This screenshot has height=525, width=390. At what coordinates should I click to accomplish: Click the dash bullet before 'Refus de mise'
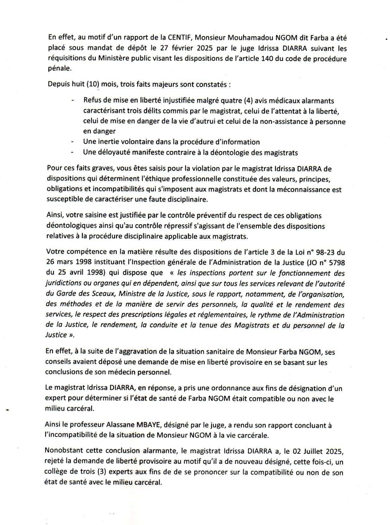(72, 101)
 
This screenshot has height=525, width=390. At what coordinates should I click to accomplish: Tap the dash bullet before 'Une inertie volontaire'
(72, 142)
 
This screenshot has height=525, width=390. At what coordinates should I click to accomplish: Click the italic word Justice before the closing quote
(56, 335)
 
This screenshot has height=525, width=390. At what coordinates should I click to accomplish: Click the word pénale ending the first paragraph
(59, 69)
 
